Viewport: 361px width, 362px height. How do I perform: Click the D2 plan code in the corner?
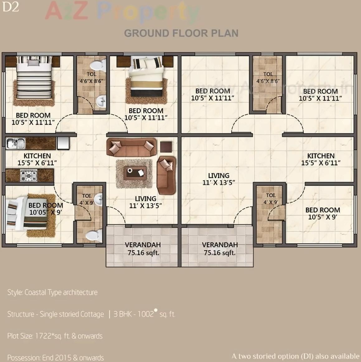pos(11,7)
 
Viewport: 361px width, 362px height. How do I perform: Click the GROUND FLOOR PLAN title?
pos(181,33)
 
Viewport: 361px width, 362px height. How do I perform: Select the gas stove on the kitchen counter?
pos(29,176)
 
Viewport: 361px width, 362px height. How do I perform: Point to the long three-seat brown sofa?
pos(131,147)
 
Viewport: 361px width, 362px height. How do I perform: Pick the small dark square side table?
pos(166,147)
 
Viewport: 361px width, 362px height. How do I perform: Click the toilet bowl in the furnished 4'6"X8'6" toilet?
pos(98,66)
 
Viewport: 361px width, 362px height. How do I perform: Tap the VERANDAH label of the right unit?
pos(220,249)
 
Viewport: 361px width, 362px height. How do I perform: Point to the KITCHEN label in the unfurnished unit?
pos(321,159)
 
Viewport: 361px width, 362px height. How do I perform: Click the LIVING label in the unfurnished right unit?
pos(219,179)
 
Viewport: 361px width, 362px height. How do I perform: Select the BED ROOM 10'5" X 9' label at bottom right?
pos(322,214)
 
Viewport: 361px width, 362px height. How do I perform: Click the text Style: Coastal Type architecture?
pos(52,292)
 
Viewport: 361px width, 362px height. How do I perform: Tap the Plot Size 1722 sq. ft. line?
pos(55,336)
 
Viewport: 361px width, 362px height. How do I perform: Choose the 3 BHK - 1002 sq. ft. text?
pos(144,314)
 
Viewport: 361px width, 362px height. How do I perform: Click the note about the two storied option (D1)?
pos(295,356)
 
